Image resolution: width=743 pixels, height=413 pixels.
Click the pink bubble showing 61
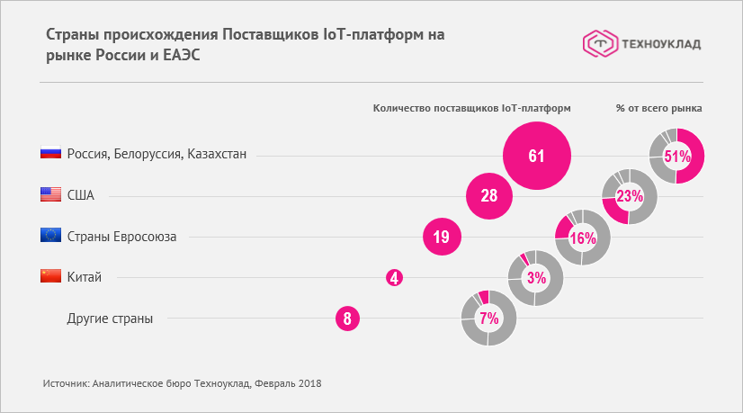537,156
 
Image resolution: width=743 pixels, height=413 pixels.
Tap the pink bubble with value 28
489,195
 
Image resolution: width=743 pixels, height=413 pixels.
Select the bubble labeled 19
442,238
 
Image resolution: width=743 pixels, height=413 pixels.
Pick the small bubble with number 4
394,278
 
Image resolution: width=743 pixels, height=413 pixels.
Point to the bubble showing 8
347,318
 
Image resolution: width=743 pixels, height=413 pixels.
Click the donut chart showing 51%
676,156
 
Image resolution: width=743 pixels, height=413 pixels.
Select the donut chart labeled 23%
630,196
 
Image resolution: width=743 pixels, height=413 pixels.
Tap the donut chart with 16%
583,238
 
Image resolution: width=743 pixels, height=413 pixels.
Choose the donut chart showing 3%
536,278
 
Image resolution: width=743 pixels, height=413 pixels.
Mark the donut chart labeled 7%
488,318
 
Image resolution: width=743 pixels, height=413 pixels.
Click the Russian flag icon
50,154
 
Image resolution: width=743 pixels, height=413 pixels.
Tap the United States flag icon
50,194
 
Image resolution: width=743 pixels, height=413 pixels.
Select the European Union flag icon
50,236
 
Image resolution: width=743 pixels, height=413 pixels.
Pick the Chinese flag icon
50,276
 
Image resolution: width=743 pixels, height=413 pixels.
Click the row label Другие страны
110,318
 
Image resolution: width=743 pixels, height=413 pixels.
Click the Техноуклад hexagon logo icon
599,42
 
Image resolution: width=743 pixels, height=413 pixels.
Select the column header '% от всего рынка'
659,108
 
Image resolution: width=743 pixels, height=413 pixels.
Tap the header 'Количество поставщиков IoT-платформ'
472,108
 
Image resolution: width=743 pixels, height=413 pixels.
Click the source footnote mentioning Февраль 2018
182,383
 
